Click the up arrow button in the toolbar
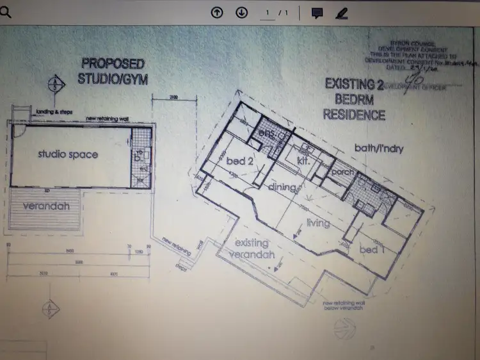pos(217,13)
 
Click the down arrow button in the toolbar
pos(241,13)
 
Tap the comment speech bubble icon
pos(316,13)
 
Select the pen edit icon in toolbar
pos(341,13)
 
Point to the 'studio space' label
pos(68,154)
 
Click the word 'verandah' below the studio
pos(45,207)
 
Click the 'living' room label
pos(318,223)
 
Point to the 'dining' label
pos(283,187)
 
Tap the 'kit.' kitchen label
pos(304,162)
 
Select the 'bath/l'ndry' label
pos(380,148)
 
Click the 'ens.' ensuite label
pos(266,133)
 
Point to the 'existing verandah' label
pos(255,249)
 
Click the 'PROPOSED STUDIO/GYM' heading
pos(111,71)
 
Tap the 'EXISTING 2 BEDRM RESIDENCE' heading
pos(354,99)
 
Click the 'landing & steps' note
pos(54,111)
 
